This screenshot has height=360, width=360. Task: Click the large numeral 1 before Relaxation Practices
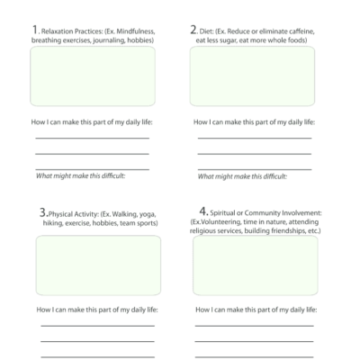click(32, 30)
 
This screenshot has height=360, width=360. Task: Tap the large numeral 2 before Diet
click(193, 30)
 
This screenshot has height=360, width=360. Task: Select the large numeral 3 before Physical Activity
click(42, 212)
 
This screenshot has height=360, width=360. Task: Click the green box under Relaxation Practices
click(93, 76)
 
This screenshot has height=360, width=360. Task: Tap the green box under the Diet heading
click(253, 76)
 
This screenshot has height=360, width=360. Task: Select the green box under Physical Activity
click(98, 265)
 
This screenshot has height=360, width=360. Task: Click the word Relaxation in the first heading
click(55, 31)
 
